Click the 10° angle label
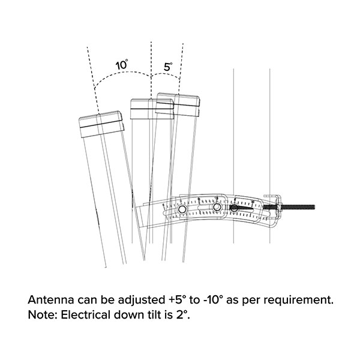pyautogui.click(x=122, y=64)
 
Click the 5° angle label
pyautogui.click(x=169, y=67)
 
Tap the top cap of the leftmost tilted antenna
pyautogui.click(x=102, y=122)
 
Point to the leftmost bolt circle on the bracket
pyautogui.click(x=182, y=208)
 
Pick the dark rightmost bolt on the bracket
pyautogui.click(x=234, y=208)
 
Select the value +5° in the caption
pyautogui.click(x=179, y=299)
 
